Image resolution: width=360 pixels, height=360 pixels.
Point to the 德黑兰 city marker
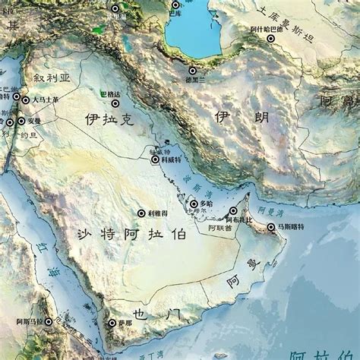click(192, 71)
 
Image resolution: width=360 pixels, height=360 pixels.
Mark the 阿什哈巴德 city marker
click(270, 38)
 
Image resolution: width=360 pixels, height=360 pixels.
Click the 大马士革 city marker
click(25, 99)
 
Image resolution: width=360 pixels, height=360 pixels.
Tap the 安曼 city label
click(34, 120)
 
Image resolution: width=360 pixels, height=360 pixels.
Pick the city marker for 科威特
click(155, 159)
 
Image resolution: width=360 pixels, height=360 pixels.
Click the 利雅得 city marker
click(141, 214)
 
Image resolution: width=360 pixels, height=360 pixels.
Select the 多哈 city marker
click(194, 204)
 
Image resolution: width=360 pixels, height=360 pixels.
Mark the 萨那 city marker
click(110, 323)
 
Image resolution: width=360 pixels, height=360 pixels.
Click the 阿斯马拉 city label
click(32, 322)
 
